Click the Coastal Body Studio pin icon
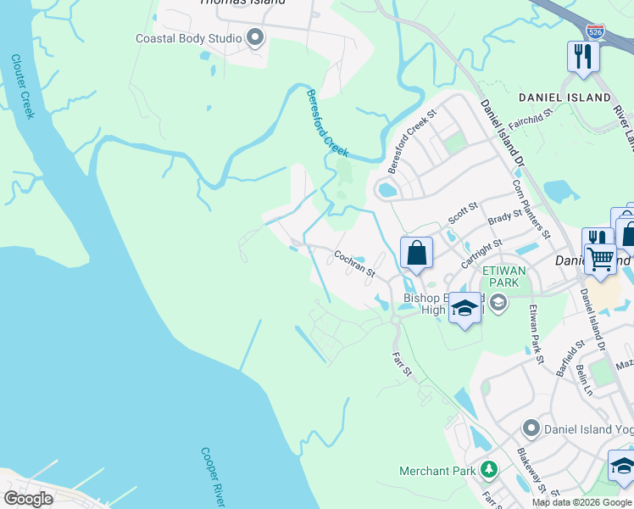click(x=255, y=38)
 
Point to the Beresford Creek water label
click(x=327, y=122)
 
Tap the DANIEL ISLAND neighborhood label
click(x=564, y=98)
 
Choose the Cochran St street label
click(x=354, y=262)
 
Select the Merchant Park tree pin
click(x=488, y=469)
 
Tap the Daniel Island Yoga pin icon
click(x=531, y=428)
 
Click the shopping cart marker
click(x=601, y=259)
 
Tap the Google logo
click(x=29, y=498)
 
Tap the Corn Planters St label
click(x=531, y=209)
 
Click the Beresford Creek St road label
click(x=411, y=137)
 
